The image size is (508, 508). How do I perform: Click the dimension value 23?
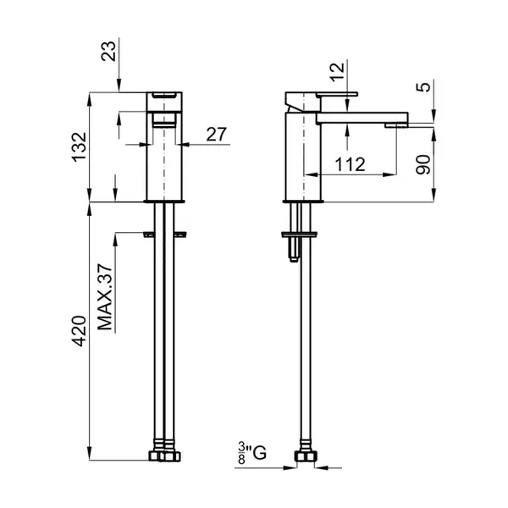(108, 51)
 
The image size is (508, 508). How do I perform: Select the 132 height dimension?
(80, 147)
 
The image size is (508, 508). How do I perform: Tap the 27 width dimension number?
(217, 134)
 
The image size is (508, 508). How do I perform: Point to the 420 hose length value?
(80, 331)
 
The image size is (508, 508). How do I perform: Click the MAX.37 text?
(105, 297)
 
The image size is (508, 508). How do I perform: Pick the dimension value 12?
(337, 72)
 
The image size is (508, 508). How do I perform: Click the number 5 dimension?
(423, 87)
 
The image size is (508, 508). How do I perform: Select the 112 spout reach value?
(350, 164)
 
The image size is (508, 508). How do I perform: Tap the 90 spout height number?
(423, 165)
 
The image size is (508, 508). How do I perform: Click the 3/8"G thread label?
(252, 452)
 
